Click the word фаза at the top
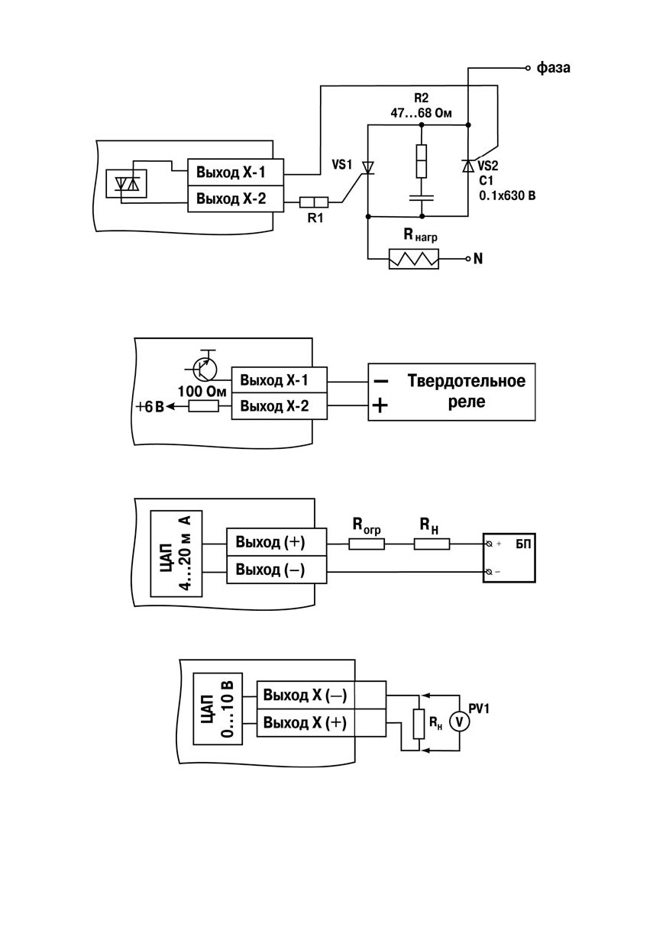[x=553, y=68]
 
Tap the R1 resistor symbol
[x=314, y=202]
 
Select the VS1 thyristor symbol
[x=367, y=168]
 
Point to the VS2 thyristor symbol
[x=467, y=166]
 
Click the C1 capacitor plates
[x=422, y=197]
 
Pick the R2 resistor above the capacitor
[x=422, y=161]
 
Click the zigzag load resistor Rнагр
[x=413, y=259]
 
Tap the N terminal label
[x=478, y=259]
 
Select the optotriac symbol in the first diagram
[x=126, y=184]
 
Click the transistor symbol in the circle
[x=204, y=369]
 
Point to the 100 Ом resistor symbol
[x=203, y=406]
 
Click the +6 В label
[x=150, y=407]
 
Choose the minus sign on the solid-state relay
[x=381, y=381]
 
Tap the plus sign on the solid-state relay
[x=380, y=406]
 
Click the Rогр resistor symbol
[x=367, y=544]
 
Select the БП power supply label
[x=522, y=544]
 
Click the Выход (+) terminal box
[x=276, y=542]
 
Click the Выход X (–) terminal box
[x=322, y=695]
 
